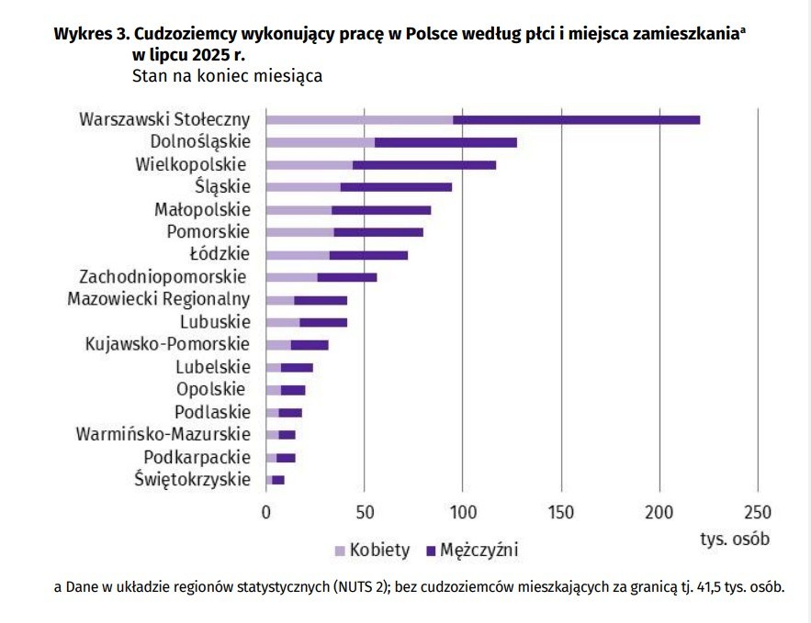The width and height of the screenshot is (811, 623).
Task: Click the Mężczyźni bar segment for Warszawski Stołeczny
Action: coord(577,120)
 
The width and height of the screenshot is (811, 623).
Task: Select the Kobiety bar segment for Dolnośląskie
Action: coord(320,142)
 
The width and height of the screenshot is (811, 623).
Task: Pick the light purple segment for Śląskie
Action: coord(302,187)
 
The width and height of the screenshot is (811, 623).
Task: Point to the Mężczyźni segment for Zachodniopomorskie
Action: coord(347,276)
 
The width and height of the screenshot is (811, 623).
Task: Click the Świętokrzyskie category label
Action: coord(191,479)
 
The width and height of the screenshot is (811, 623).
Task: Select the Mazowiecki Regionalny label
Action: coord(158,299)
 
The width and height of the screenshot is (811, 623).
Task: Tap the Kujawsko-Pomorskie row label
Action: coord(166,344)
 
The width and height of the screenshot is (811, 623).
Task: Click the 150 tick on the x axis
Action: coord(561,512)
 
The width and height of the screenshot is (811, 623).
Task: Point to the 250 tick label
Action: coord(758,512)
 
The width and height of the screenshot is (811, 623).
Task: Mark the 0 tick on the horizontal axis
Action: coord(266,512)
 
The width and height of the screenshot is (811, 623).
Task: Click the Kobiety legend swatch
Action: coord(339,551)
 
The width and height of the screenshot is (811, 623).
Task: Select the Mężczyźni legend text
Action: coord(479,551)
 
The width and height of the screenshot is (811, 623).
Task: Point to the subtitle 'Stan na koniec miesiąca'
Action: coord(227,76)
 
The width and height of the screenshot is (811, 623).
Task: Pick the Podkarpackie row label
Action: coord(197,457)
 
